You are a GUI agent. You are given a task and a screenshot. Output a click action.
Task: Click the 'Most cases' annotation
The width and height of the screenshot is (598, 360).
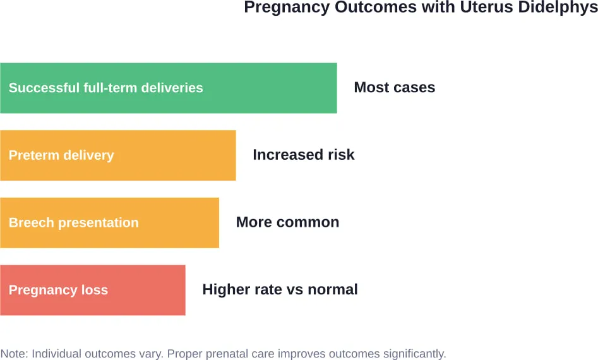(394, 88)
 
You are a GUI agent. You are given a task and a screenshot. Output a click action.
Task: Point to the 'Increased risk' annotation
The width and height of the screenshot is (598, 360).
(303, 155)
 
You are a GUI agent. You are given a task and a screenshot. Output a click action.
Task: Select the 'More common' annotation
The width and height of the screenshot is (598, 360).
(287, 222)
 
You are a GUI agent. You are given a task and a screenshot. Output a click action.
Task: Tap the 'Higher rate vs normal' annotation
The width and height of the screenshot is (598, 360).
(280, 290)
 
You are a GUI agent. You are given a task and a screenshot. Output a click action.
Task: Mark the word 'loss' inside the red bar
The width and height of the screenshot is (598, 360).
(94, 290)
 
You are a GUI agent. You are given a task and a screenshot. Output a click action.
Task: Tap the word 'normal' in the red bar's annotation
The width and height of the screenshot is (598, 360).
(335, 290)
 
